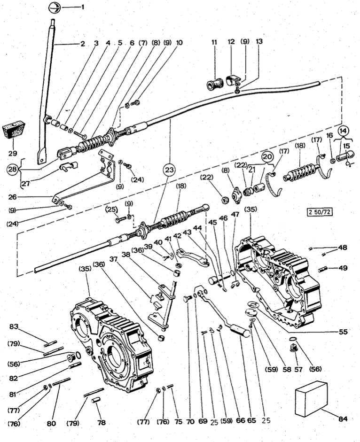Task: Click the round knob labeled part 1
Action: [x=55, y=8]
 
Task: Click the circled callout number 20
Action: [x=267, y=156]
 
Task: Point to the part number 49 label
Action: [x=344, y=269]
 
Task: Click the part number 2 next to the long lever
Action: [x=82, y=44]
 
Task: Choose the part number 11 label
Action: [x=214, y=42]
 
